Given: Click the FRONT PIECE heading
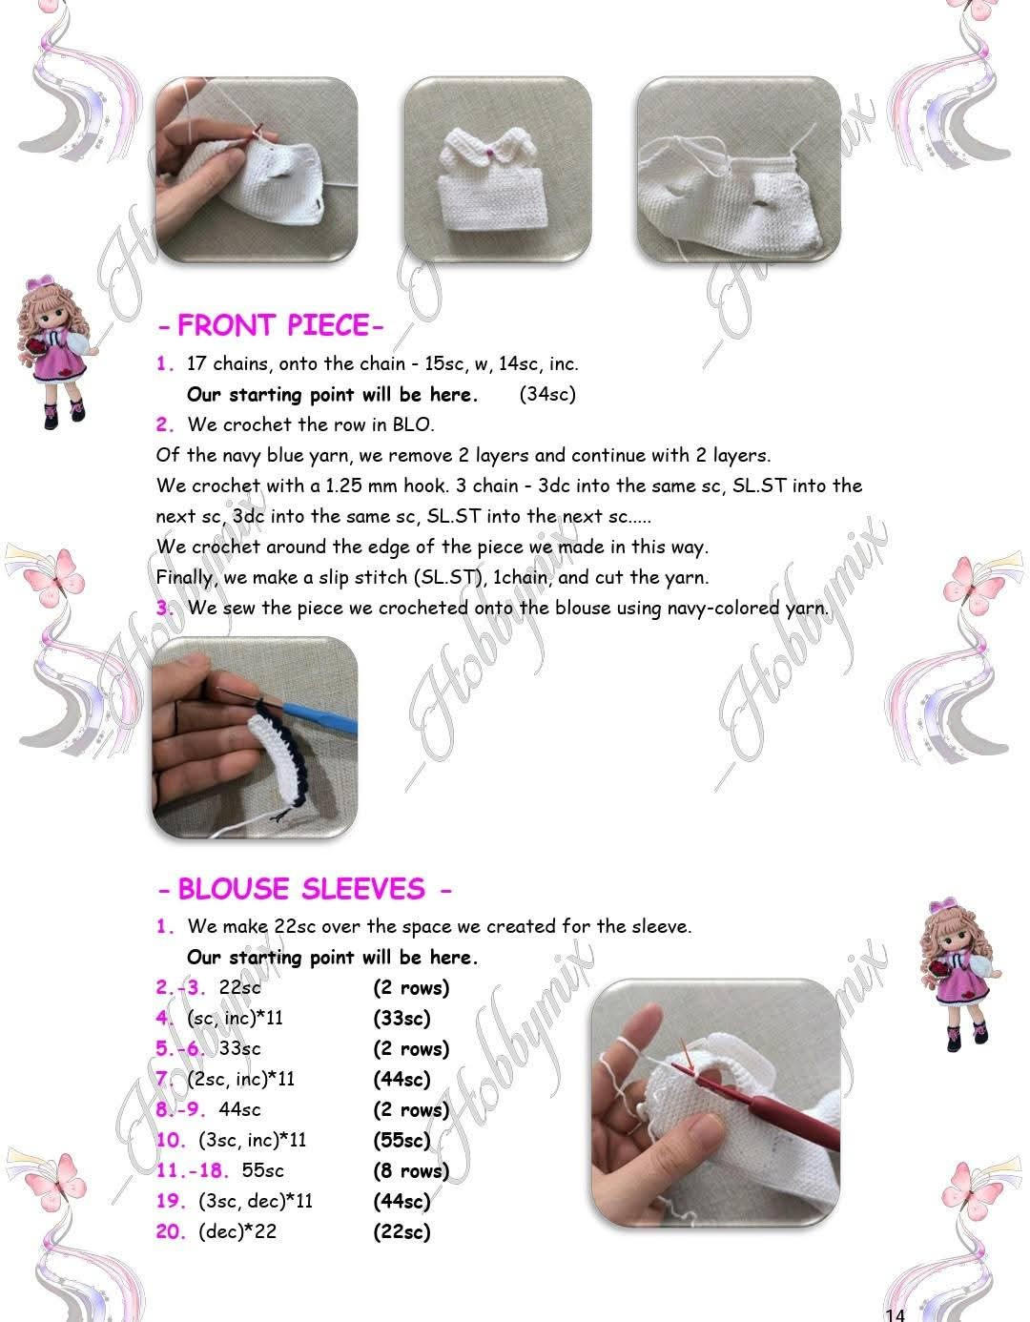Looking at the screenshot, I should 271,325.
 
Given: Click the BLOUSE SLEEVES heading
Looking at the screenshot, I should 304,889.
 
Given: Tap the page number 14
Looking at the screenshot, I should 895,1314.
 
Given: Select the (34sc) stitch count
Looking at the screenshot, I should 547,394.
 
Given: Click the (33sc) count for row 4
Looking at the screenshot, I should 402,1018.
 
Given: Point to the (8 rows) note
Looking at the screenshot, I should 410,1170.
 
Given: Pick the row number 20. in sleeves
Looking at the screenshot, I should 172,1231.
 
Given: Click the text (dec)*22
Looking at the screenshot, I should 237,1231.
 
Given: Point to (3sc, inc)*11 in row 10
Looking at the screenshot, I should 253,1140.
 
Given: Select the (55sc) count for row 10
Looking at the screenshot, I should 402,1140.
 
